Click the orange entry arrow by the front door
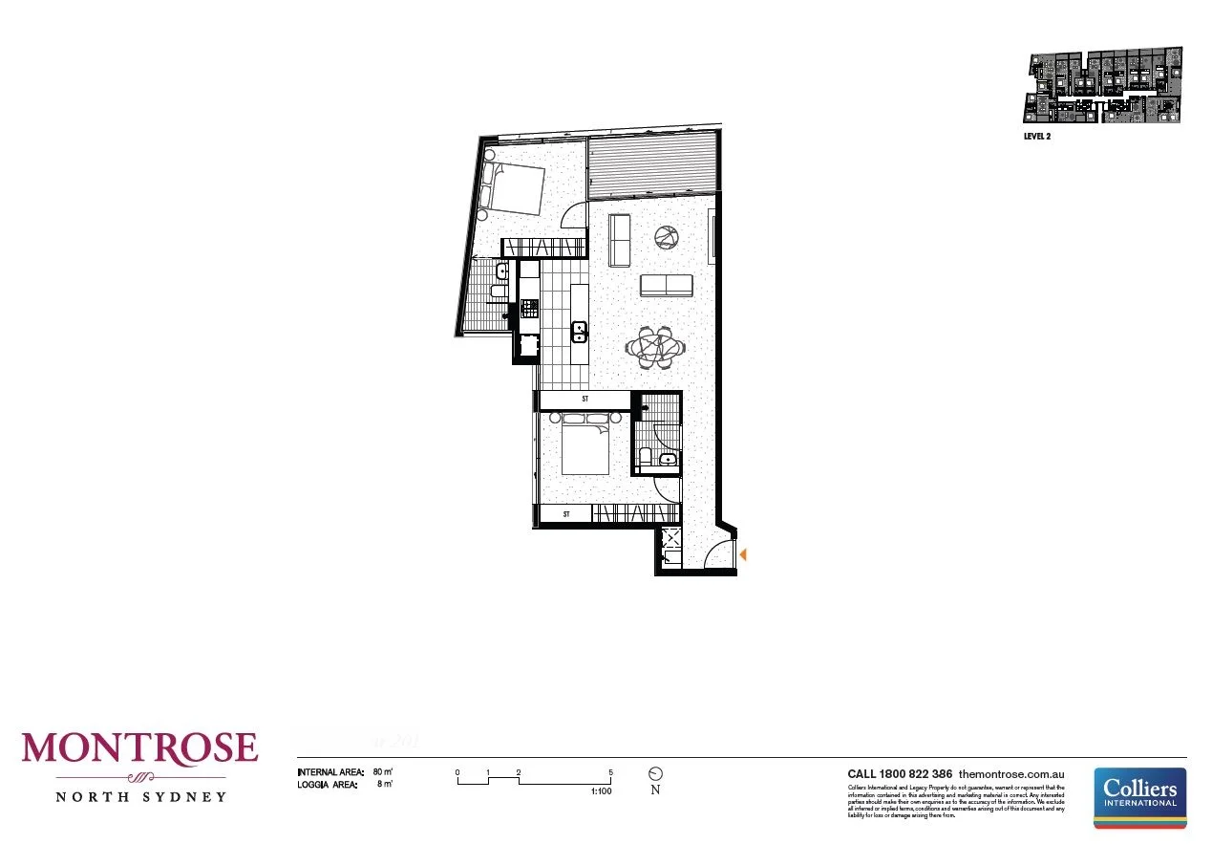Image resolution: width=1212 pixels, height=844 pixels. (743, 553)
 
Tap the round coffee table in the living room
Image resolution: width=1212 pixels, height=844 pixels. (666, 236)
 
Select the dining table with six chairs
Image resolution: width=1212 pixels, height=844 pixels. (656, 346)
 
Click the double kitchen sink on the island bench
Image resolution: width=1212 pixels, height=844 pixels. (580, 332)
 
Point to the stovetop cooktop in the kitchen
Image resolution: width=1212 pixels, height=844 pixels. (529, 308)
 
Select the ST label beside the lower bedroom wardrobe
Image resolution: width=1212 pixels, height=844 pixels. (566, 514)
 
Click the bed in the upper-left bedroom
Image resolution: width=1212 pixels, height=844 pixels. (512, 187)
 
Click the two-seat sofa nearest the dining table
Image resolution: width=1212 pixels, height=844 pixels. (666, 285)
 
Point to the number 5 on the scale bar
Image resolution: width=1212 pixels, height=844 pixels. (610, 772)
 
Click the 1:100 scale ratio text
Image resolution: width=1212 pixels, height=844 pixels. (601, 791)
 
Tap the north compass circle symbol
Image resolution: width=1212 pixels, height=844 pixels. (655, 773)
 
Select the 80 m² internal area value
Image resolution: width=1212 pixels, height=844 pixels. (382, 771)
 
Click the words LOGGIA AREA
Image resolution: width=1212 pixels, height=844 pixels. (327, 785)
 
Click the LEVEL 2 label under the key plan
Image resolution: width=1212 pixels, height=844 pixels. (1037, 136)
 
